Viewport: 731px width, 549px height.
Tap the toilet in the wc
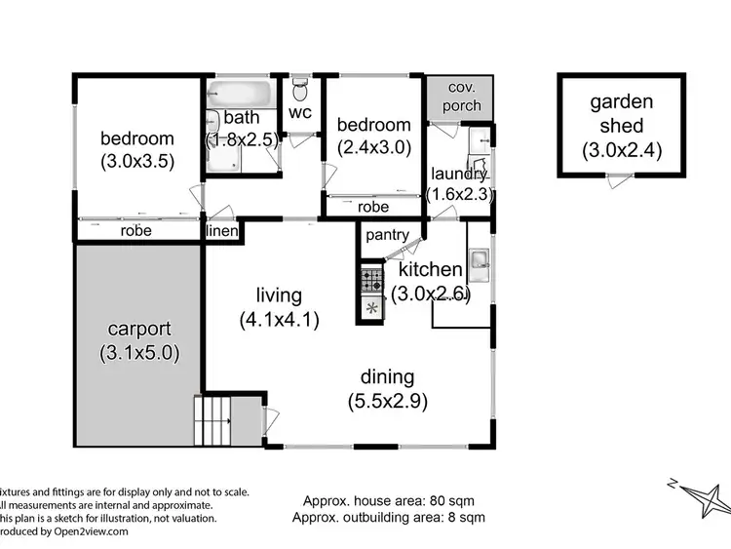pyautogui.click(x=301, y=92)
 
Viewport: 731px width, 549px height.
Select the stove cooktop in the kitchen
pyautogui.click(x=372, y=281)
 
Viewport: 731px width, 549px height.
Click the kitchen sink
pyautogui.click(x=479, y=259)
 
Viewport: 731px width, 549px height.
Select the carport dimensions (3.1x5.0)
pyautogui.click(x=138, y=353)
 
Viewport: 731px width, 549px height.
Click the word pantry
pyautogui.click(x=386, y=235)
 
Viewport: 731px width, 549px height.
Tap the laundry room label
pyautogui.click(x=459, y=174)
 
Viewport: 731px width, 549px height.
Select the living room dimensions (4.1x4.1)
pyautogui.click(x=279, y=318)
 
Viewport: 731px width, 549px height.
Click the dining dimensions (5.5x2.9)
pyautogui.click(x=387, y=400)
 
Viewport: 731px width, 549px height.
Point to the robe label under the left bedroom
pyautogui.click(x=135, y=232)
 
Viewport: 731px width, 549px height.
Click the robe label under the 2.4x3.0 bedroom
pyautogui.click(x=373, y=207)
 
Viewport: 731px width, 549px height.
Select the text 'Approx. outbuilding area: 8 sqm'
pyautogui.click(x=388, y=517)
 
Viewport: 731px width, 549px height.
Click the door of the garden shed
pyautogui.click(x=616, y=180)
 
